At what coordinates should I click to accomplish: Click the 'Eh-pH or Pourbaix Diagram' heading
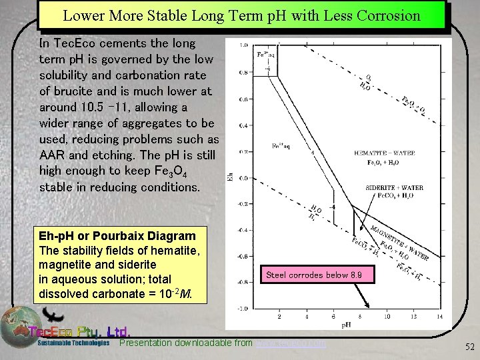pyautogui.click(x=117, y=236)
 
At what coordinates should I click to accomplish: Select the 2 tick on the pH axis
pyautogui.click(x=279, y=316)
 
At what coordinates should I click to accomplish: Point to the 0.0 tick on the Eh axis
pyautogui.click(x=243, y=178)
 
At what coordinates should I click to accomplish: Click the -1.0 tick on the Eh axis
pyautogui.click(x=243, y=309)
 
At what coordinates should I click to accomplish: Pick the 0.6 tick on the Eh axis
pyautogui.click(x=243, y=100)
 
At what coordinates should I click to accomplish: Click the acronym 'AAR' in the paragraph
pyautogui.click(x=53, y=155)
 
